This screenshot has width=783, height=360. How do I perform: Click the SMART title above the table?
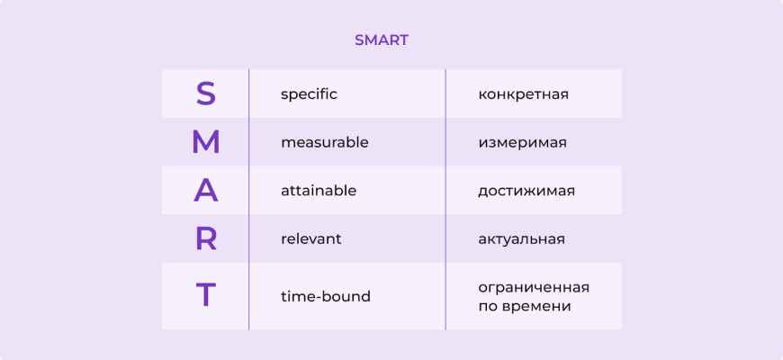382,40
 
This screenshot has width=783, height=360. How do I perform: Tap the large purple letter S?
206,94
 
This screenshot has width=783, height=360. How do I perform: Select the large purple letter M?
206,142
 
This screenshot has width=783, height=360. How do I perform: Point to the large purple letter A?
206,191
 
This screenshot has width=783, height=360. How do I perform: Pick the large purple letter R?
206,239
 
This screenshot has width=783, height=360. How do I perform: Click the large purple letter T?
206,295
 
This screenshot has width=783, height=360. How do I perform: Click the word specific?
309,94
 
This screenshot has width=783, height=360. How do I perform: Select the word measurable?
325,143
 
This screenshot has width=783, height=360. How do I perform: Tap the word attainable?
319,191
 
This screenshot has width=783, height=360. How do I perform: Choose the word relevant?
311,239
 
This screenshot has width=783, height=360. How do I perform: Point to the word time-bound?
326,297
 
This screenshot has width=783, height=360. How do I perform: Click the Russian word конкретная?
523,94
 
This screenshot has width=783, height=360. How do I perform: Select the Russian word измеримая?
522,143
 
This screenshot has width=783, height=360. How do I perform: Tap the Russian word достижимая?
526,192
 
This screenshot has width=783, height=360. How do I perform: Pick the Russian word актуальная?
521,239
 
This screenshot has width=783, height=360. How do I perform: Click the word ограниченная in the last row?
534,288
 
